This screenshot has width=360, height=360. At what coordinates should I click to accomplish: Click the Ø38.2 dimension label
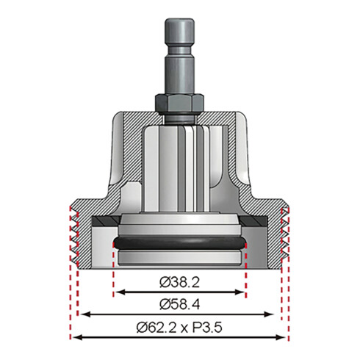(179, 280)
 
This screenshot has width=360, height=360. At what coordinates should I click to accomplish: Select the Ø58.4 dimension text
(179, 302)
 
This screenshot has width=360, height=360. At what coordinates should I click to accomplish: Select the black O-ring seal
(180, 243)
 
